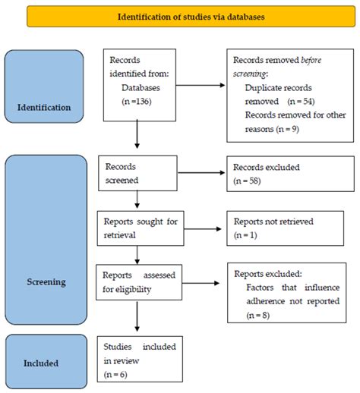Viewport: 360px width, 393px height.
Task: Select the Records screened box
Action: [x=137, y=172]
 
